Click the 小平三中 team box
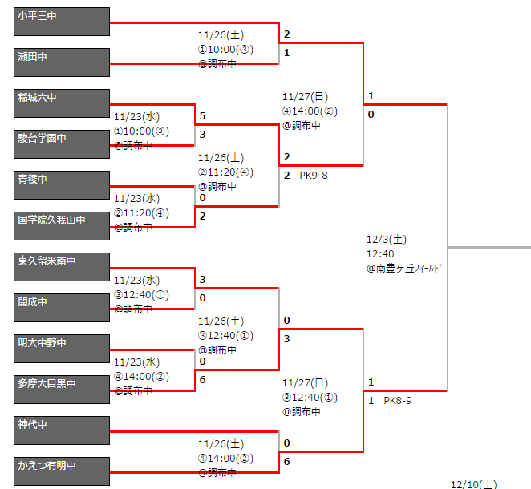pyautogui.click(x=62, y=22)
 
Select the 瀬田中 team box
pyautogui.click(x=62, y=63)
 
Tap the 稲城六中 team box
pyautogui.click(x=62, y=103)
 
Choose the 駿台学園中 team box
pyautogui.click(x=62, y=144)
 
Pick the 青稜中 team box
pyautogui.click(x=62, y=185)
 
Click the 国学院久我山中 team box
pyautogui.click(x=62, y=226)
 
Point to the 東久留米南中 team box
pyautogui.click(x=62, y=267)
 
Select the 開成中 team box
pyautogui.click(x=62, y=308)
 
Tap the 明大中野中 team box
pyautogui.click(x=62, y=349)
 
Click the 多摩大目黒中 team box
pyautogui.click(x=62, y=390)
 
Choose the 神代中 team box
pyautogui.click(x=62, y=430)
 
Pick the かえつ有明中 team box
pyautogui.click(x=62, y=471)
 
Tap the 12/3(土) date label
pyautogui.click(x=387, y=239)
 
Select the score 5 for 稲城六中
pyautogui.click(x=203, y=116)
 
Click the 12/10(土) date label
pyautogui.click(x=474, y=483)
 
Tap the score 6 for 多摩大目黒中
pyautogui.click(x=203, y=379)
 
